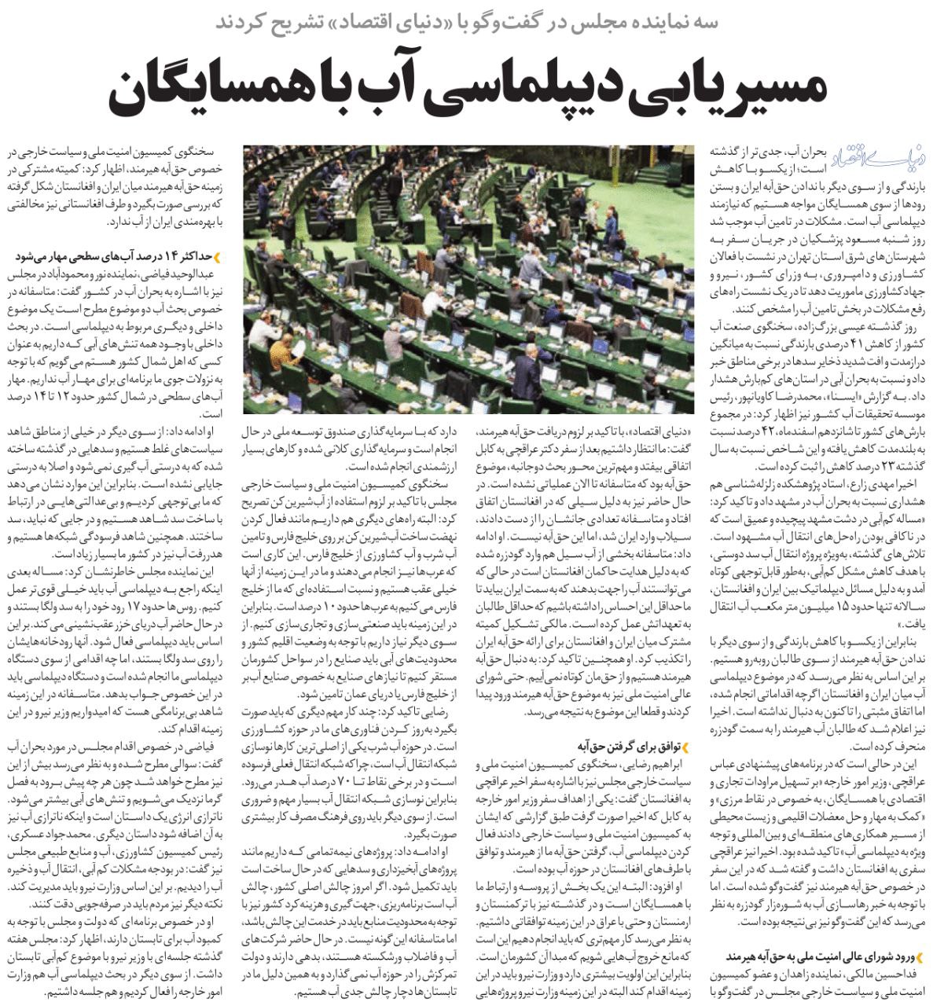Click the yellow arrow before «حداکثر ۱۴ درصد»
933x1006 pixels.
click(x=216, y=257)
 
